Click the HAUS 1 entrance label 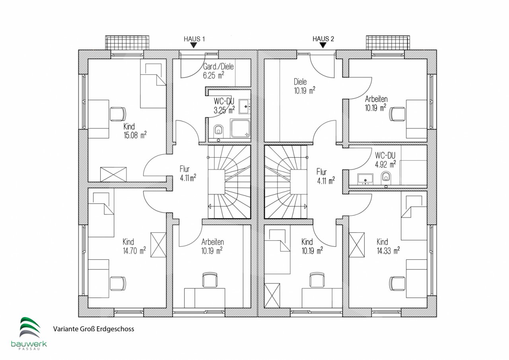pos(194,39)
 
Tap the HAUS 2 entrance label pos(323,39)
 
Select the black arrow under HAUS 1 pos(193,45)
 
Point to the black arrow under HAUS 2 pos(322,45)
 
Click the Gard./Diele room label pos(218,66)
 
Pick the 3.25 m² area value pos(224,110)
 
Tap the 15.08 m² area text pos(135,135)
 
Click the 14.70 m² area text pos(134,251)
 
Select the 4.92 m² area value pos(385,164)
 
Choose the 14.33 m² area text pos(389,251)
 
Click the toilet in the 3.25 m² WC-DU pos(219,131)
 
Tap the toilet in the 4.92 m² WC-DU pos(386,177)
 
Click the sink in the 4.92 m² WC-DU pos(365,179)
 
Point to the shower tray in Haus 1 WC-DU pos(241,128)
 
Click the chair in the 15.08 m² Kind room pos(118,114)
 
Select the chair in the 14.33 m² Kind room pos(397,283)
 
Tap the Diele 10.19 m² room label pos(305,86)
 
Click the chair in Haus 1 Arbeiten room pos(210,280)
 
